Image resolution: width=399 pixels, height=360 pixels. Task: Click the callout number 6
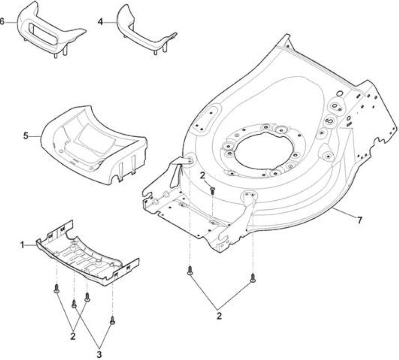click(2, 22)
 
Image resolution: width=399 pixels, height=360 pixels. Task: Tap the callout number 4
click(100, 22)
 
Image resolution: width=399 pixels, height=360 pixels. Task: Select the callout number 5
click(26, 136)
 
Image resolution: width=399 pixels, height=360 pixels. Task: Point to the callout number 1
click(22, 245)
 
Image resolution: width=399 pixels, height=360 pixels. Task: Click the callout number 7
click(359, 220)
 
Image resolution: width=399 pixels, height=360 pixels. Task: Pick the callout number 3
click(99, 354)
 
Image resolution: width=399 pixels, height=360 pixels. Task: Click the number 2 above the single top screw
click(203, 175)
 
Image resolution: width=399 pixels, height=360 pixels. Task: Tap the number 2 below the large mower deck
click(219, 316)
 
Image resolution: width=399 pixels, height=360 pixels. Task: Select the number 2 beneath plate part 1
click(73, 336)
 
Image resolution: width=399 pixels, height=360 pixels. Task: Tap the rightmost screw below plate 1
click(112, 321)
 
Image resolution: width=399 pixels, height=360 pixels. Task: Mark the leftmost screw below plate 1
click(57, 289)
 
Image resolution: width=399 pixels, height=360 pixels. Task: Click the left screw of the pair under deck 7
click(190, 270)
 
